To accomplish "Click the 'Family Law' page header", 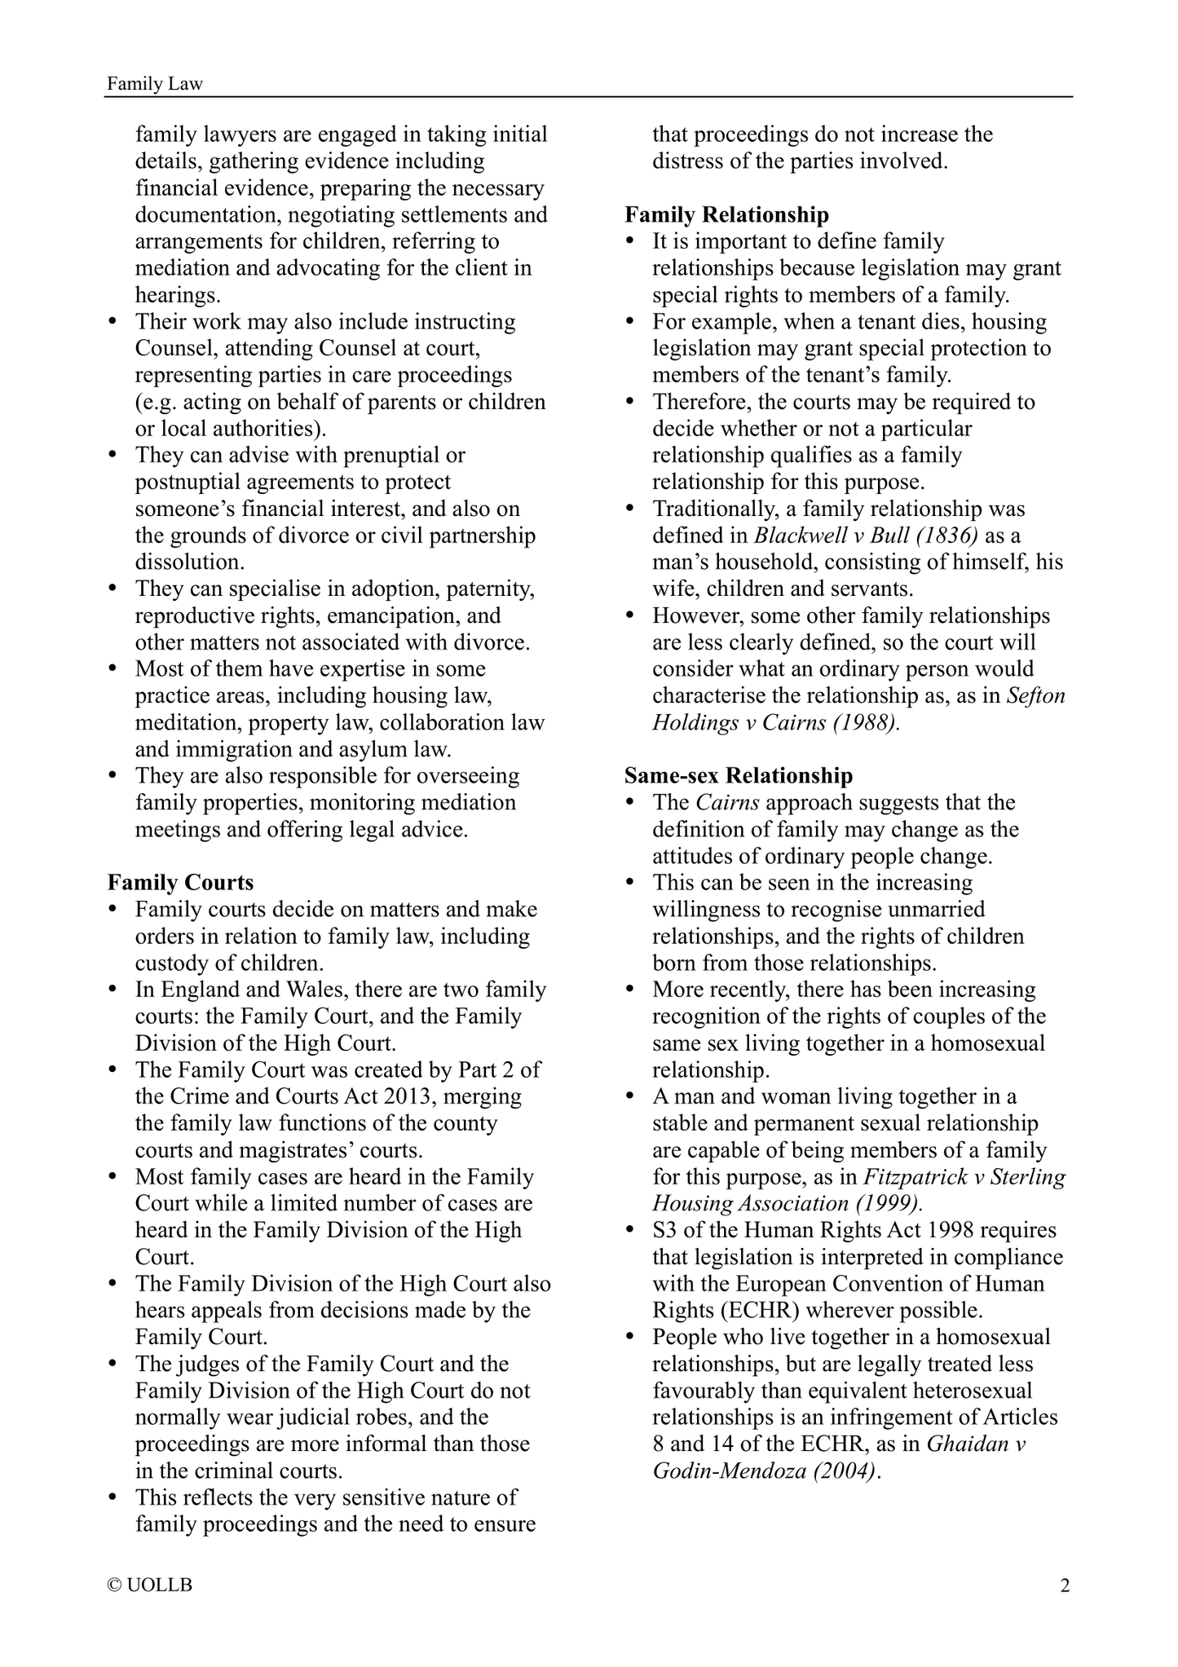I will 155,83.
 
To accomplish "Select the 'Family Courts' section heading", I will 180,883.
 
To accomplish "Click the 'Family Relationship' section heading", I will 726,214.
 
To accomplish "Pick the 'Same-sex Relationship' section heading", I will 739,775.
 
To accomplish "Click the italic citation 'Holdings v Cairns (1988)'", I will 774,723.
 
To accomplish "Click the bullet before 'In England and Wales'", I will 115,990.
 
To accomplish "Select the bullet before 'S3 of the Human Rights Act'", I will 631,1231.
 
